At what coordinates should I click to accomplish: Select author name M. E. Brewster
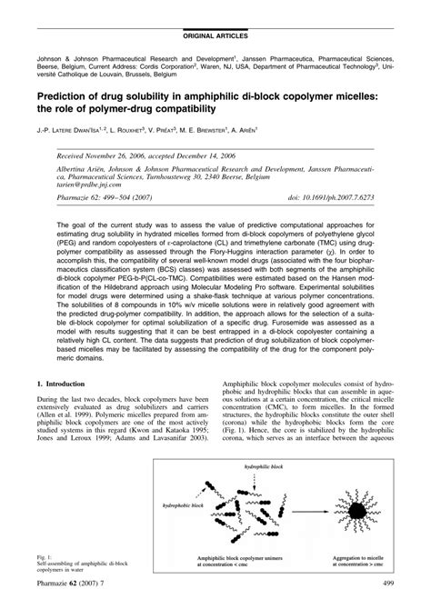[283, 130]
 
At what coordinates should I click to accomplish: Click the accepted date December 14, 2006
[240, 156]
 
